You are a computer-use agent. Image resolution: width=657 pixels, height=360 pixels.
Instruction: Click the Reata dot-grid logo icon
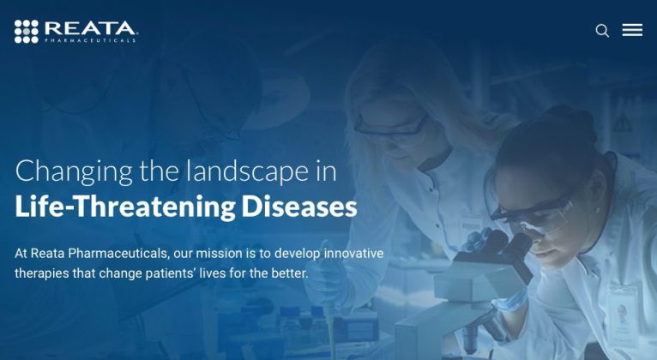(x=27, y=32)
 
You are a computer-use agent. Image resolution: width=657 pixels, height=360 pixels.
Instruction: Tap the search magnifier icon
(x=602, y=31)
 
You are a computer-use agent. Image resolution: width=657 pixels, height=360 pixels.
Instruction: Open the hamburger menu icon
(x=632, y=30)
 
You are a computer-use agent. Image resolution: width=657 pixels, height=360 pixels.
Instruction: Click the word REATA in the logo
(x=90, y=28)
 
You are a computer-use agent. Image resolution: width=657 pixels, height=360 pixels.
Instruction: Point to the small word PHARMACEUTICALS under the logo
(x=90, y=40)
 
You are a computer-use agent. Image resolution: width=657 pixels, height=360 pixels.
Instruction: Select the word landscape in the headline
(x=248, y=171)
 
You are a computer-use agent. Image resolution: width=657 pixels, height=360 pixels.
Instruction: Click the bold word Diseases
(x=299, y=207)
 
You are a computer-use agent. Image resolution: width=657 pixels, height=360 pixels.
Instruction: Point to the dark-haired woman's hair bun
(x=573, y=122)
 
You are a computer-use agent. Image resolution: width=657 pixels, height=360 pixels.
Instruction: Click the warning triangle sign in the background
(x=623, y=123)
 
